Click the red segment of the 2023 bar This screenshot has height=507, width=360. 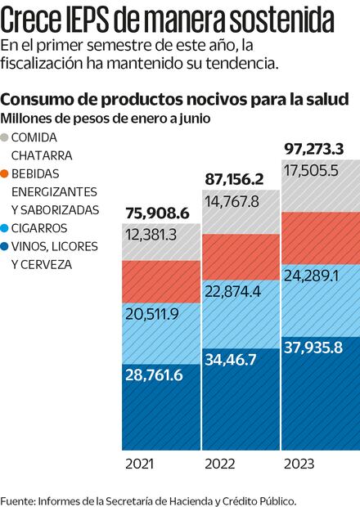(x=320, y=237)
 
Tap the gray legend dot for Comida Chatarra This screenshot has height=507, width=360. (x=7, y=137)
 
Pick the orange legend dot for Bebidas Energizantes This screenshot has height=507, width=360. (x=7, y=173)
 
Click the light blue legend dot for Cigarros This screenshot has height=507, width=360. (x=7, y=228)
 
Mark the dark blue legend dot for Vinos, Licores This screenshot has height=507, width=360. (x=7, y=246)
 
